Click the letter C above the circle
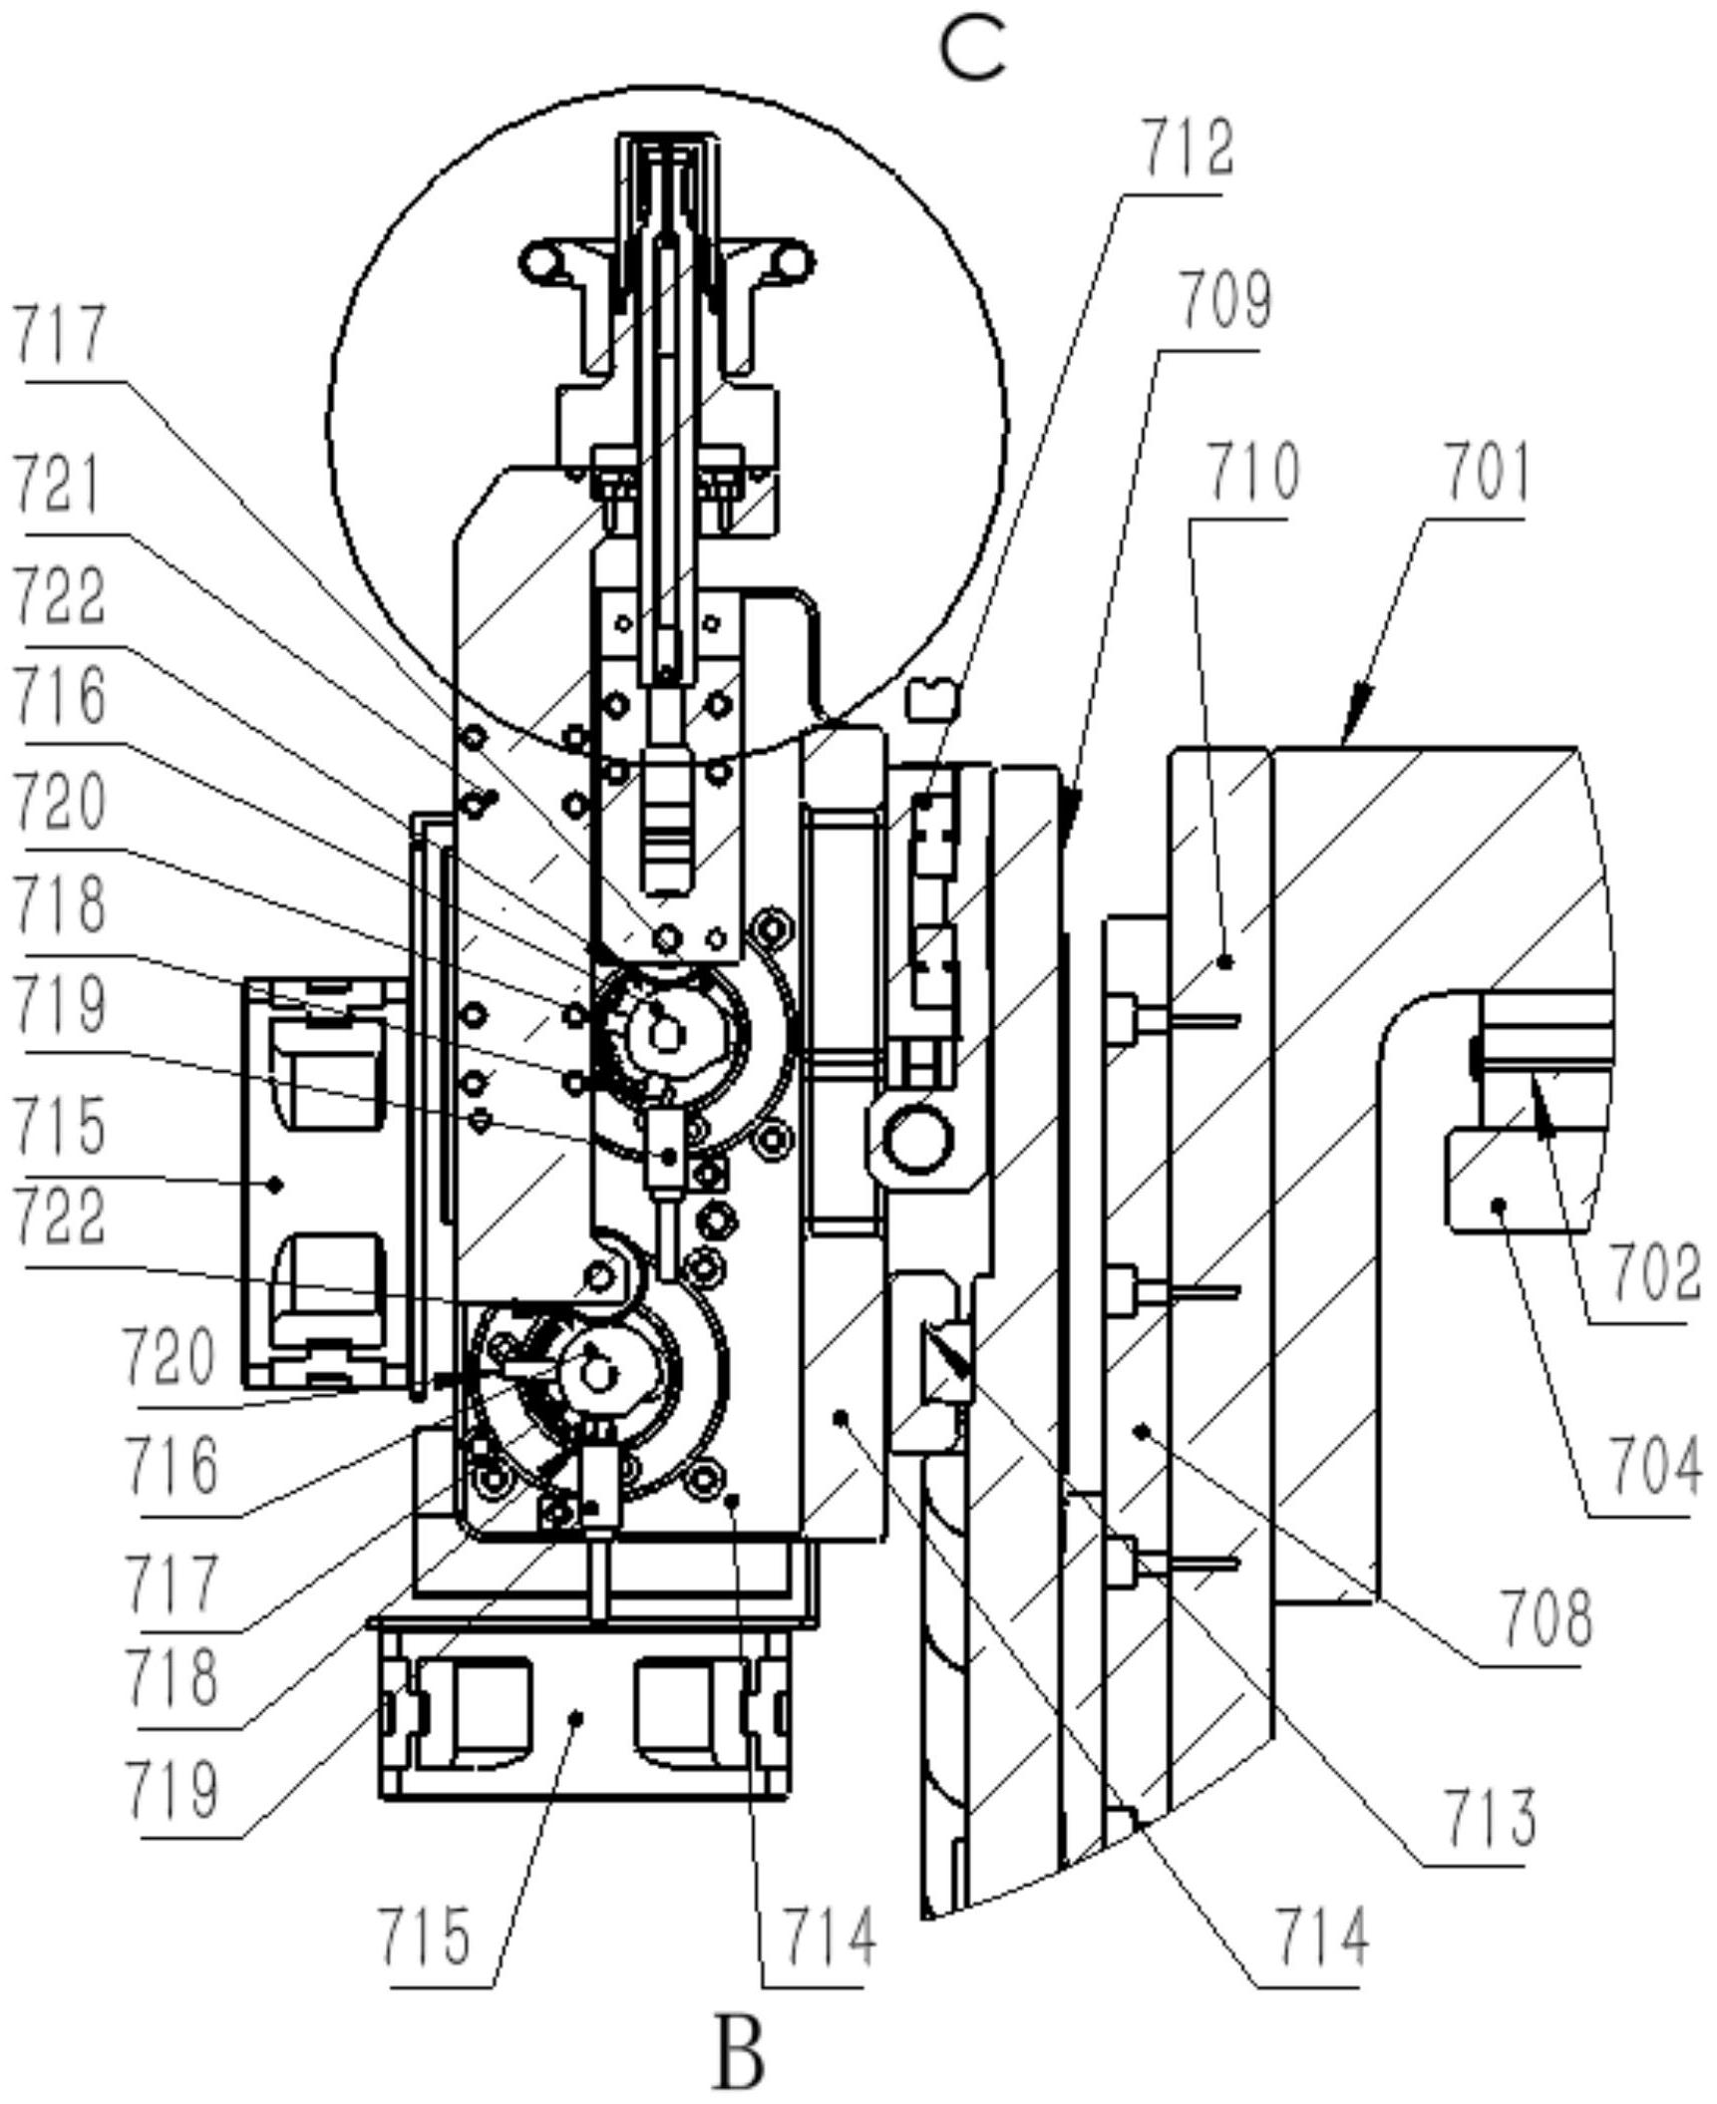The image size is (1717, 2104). coord(973,51)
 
